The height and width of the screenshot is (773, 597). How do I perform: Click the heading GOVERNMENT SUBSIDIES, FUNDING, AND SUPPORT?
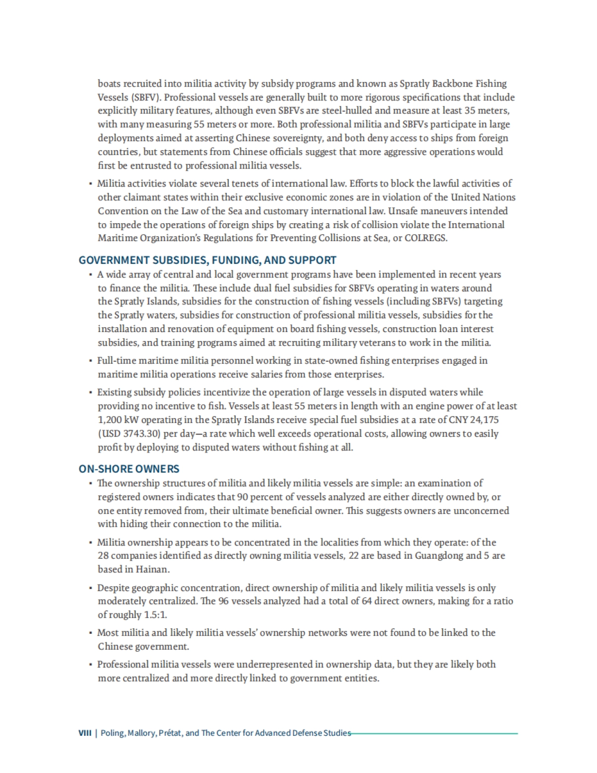[207, 260]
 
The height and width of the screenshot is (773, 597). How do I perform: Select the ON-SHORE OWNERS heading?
[129, 469]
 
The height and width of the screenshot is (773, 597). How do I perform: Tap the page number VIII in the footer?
[85, 733]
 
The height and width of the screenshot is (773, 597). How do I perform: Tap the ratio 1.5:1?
[154, 615]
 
